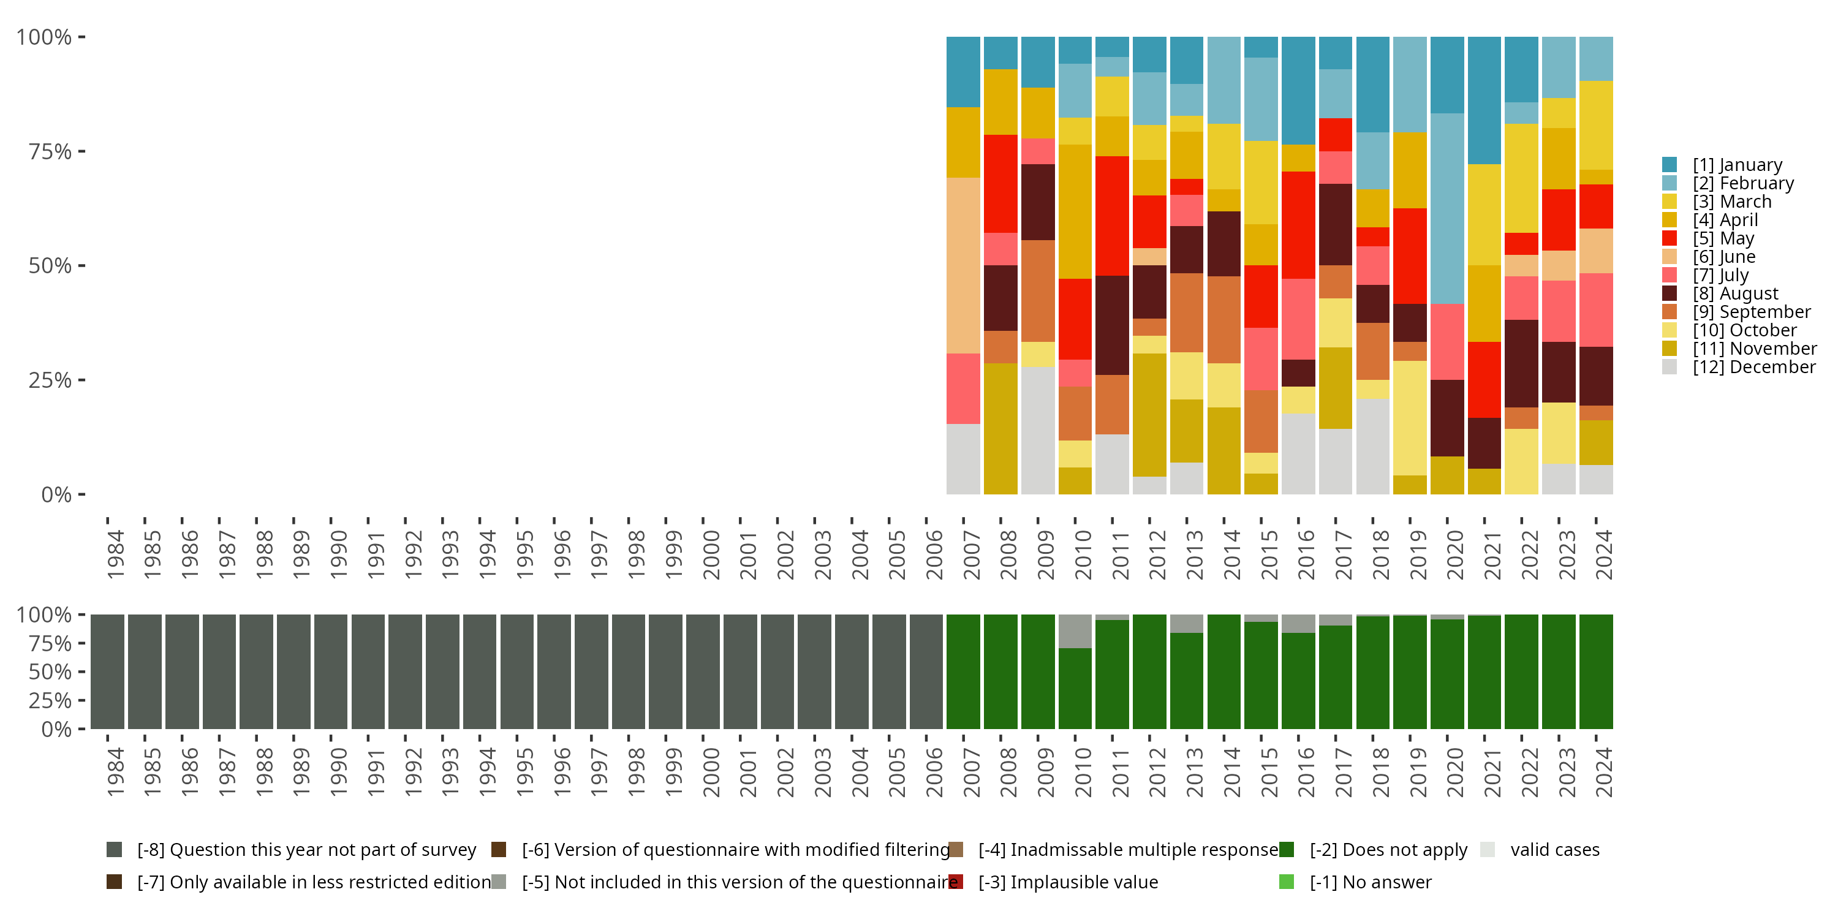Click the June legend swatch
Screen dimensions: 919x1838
(1669, 257)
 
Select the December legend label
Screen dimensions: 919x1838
(1754, 368)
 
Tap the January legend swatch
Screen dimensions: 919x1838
(1669, 165)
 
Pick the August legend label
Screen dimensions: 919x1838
(1735, 294)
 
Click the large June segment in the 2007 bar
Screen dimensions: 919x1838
(962, 265)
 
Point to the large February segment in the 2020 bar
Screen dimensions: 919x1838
(1447, 208)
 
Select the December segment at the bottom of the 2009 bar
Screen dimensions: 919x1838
(1037, 430)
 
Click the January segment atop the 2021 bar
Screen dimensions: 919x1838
(1484, 100)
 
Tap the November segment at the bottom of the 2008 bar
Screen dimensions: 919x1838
(1000, 428)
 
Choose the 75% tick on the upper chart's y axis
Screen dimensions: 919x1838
(50, 152)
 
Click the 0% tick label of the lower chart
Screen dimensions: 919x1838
(56, 729)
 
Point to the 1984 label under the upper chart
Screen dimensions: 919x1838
(116, 554)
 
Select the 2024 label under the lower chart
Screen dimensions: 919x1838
(1603, 772)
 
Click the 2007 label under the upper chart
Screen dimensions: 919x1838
(972, 554)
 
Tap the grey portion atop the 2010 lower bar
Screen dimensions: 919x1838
(1075, 632)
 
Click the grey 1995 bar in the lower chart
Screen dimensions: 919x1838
(516, 671)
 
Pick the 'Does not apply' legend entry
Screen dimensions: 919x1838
(1388, 850)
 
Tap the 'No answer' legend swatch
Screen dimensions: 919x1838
(1287, 882)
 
